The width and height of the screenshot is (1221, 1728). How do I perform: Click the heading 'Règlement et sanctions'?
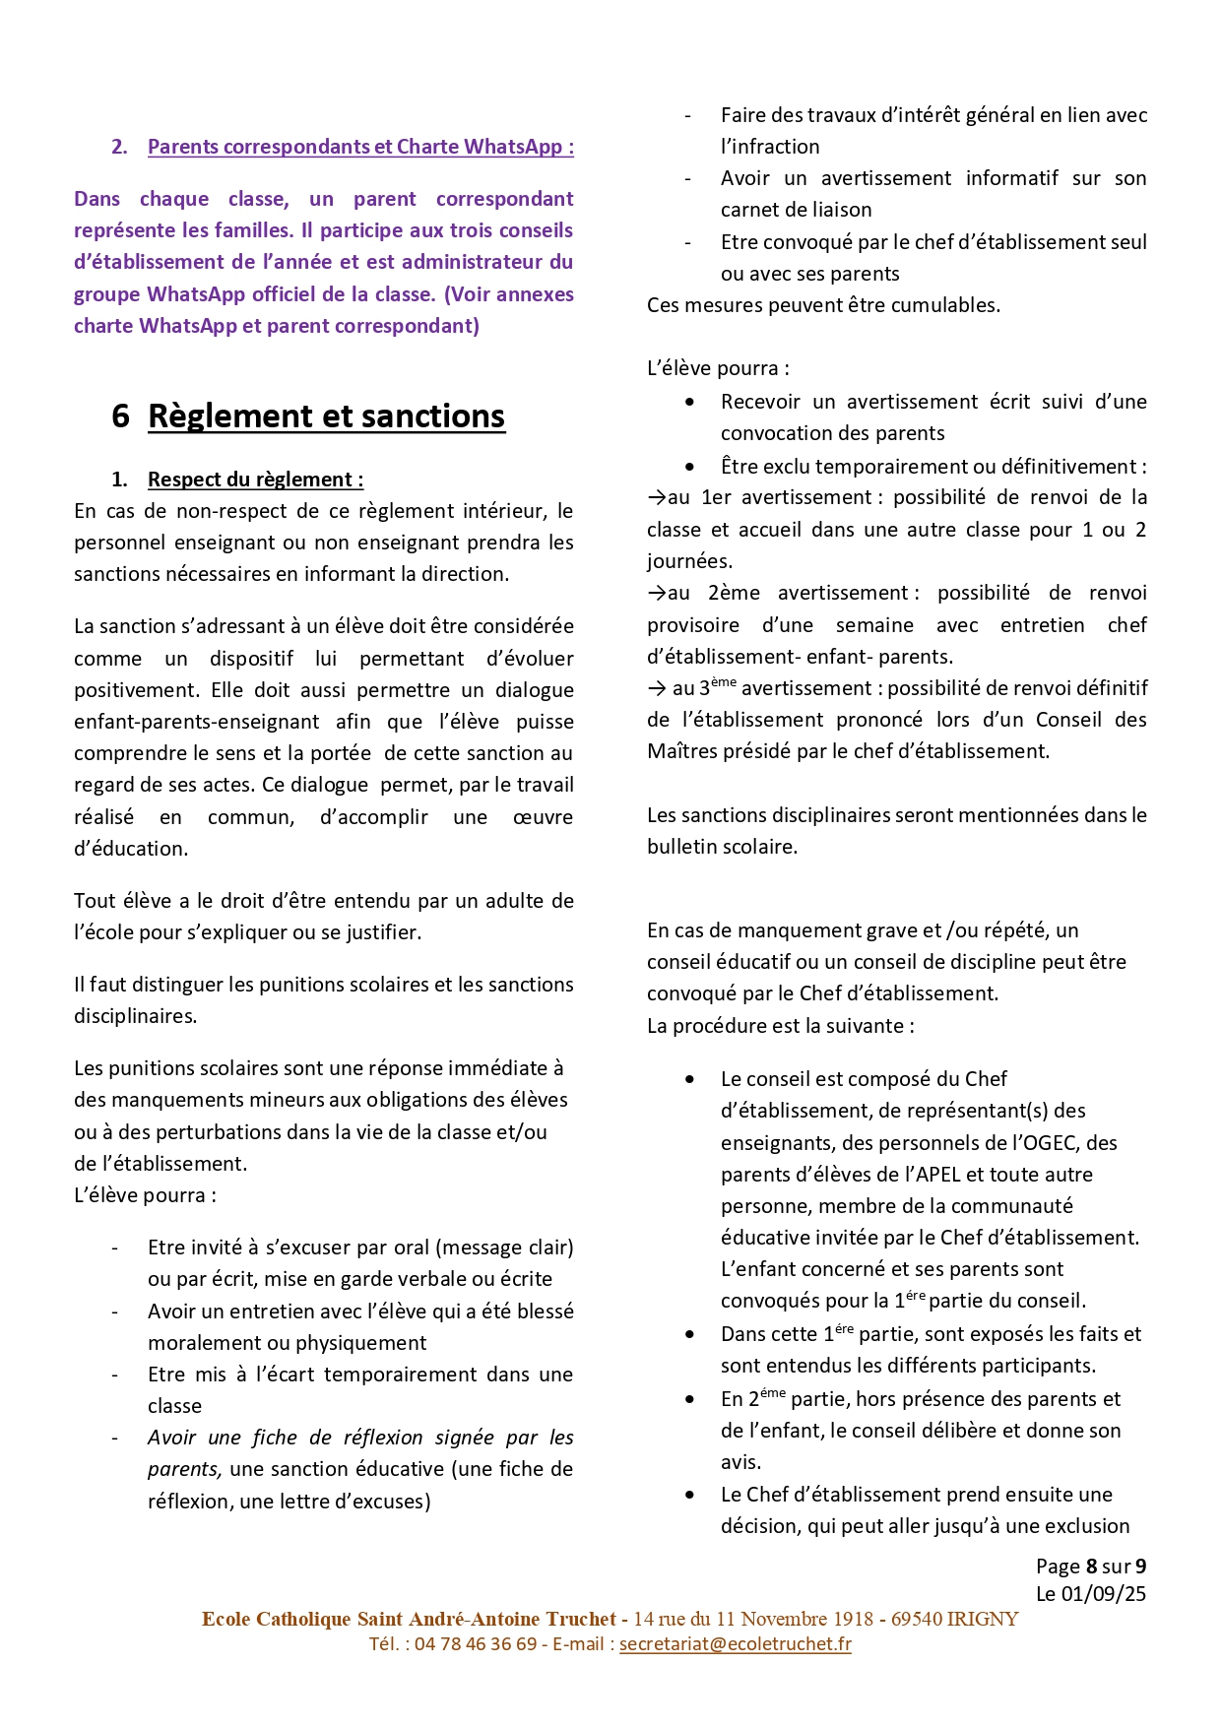[x=326, y=416]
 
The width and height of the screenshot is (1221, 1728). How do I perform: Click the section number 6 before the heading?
[x=120, y=416]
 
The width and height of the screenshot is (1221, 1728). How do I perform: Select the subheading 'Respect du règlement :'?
[x=255, y=480]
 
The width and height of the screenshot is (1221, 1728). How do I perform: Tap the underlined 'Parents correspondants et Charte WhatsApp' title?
[x=360, y=147]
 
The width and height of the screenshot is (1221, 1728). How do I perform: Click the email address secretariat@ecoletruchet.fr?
[x=735, y=1643]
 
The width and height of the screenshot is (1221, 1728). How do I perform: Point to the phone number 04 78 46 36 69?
[x=476, y=1643]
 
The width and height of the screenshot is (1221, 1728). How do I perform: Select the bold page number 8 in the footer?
[x=1091, y=1567]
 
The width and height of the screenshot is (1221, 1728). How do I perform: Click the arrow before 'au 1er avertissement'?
[x=656, y=497]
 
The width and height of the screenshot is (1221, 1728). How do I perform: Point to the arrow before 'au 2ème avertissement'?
[x=656, y=593]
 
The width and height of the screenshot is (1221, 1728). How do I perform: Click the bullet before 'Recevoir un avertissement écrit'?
[x=689, y=402]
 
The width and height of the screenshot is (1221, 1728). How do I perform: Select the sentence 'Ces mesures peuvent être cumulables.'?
[x=823, y=305]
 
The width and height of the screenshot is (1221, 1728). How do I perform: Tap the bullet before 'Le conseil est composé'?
[x=689, y=1079]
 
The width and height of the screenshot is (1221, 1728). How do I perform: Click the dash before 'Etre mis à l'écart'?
[x=115, y=1375]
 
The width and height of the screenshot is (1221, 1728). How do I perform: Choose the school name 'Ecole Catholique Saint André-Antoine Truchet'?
[x=409, y=1619]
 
